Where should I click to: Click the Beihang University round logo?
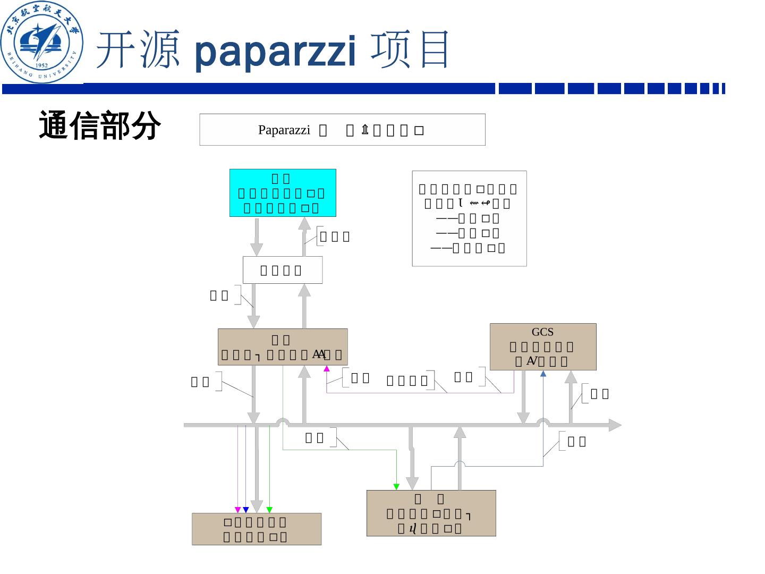tap(42, 43)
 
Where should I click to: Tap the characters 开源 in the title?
tap(137, 50)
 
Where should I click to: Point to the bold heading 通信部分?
tap(100, 125)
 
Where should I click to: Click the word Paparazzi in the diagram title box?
tap(284, 130)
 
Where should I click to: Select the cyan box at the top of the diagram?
tap(283, 193)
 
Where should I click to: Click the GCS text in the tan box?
tap(542, 332)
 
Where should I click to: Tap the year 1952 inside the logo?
tap(41, 66)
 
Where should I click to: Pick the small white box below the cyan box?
tap(282, 270)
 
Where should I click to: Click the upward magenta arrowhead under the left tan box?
tap(327, 368)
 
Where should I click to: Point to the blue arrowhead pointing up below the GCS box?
tap(543, 374)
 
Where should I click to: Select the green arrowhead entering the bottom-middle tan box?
tap(396, 486)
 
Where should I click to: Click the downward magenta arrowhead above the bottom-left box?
tap(237, 510)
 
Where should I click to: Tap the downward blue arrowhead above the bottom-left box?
tap(245, 510)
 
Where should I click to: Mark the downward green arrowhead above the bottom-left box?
tap(269, 510)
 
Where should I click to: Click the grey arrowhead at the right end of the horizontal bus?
tap(615, 425)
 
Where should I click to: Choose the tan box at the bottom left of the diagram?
tap(256, 529)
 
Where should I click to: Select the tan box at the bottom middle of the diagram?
tap(431, 513)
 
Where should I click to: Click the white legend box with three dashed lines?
tap(469, 218)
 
